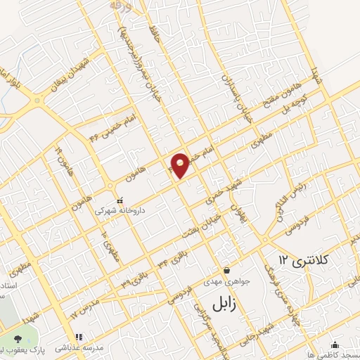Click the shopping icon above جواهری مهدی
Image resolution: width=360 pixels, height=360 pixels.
coord(226,270)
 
